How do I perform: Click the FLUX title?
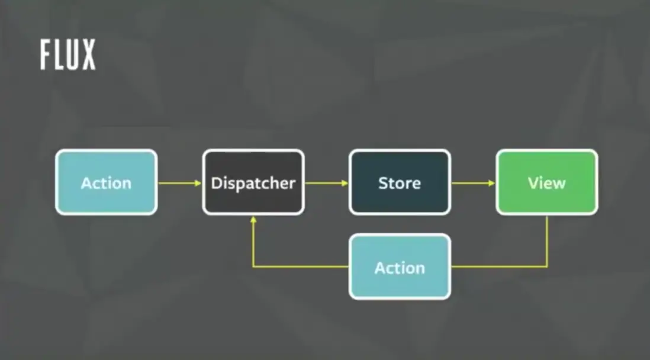pos(68,54)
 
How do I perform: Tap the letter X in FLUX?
pos(89,54)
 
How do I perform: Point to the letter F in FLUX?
pos(45,54)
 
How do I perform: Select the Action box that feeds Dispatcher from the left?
pos(106,182)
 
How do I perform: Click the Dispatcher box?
pos(253,182)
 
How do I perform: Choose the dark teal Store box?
pos(400,182)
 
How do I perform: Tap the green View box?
pos(547,182)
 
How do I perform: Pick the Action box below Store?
pos(400,266)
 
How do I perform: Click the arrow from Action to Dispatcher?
pos(180,183)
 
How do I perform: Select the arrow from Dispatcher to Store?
pos(327,183)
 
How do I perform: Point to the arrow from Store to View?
pos(474,183)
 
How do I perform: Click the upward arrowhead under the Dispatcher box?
pos(253,220)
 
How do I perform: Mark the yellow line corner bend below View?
pos(547,266)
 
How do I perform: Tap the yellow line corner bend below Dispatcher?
pos(253,266)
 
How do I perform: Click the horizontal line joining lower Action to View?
pos(499,266)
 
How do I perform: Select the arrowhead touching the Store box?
pos(345,183)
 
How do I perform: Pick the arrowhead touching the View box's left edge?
pos(492,183)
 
